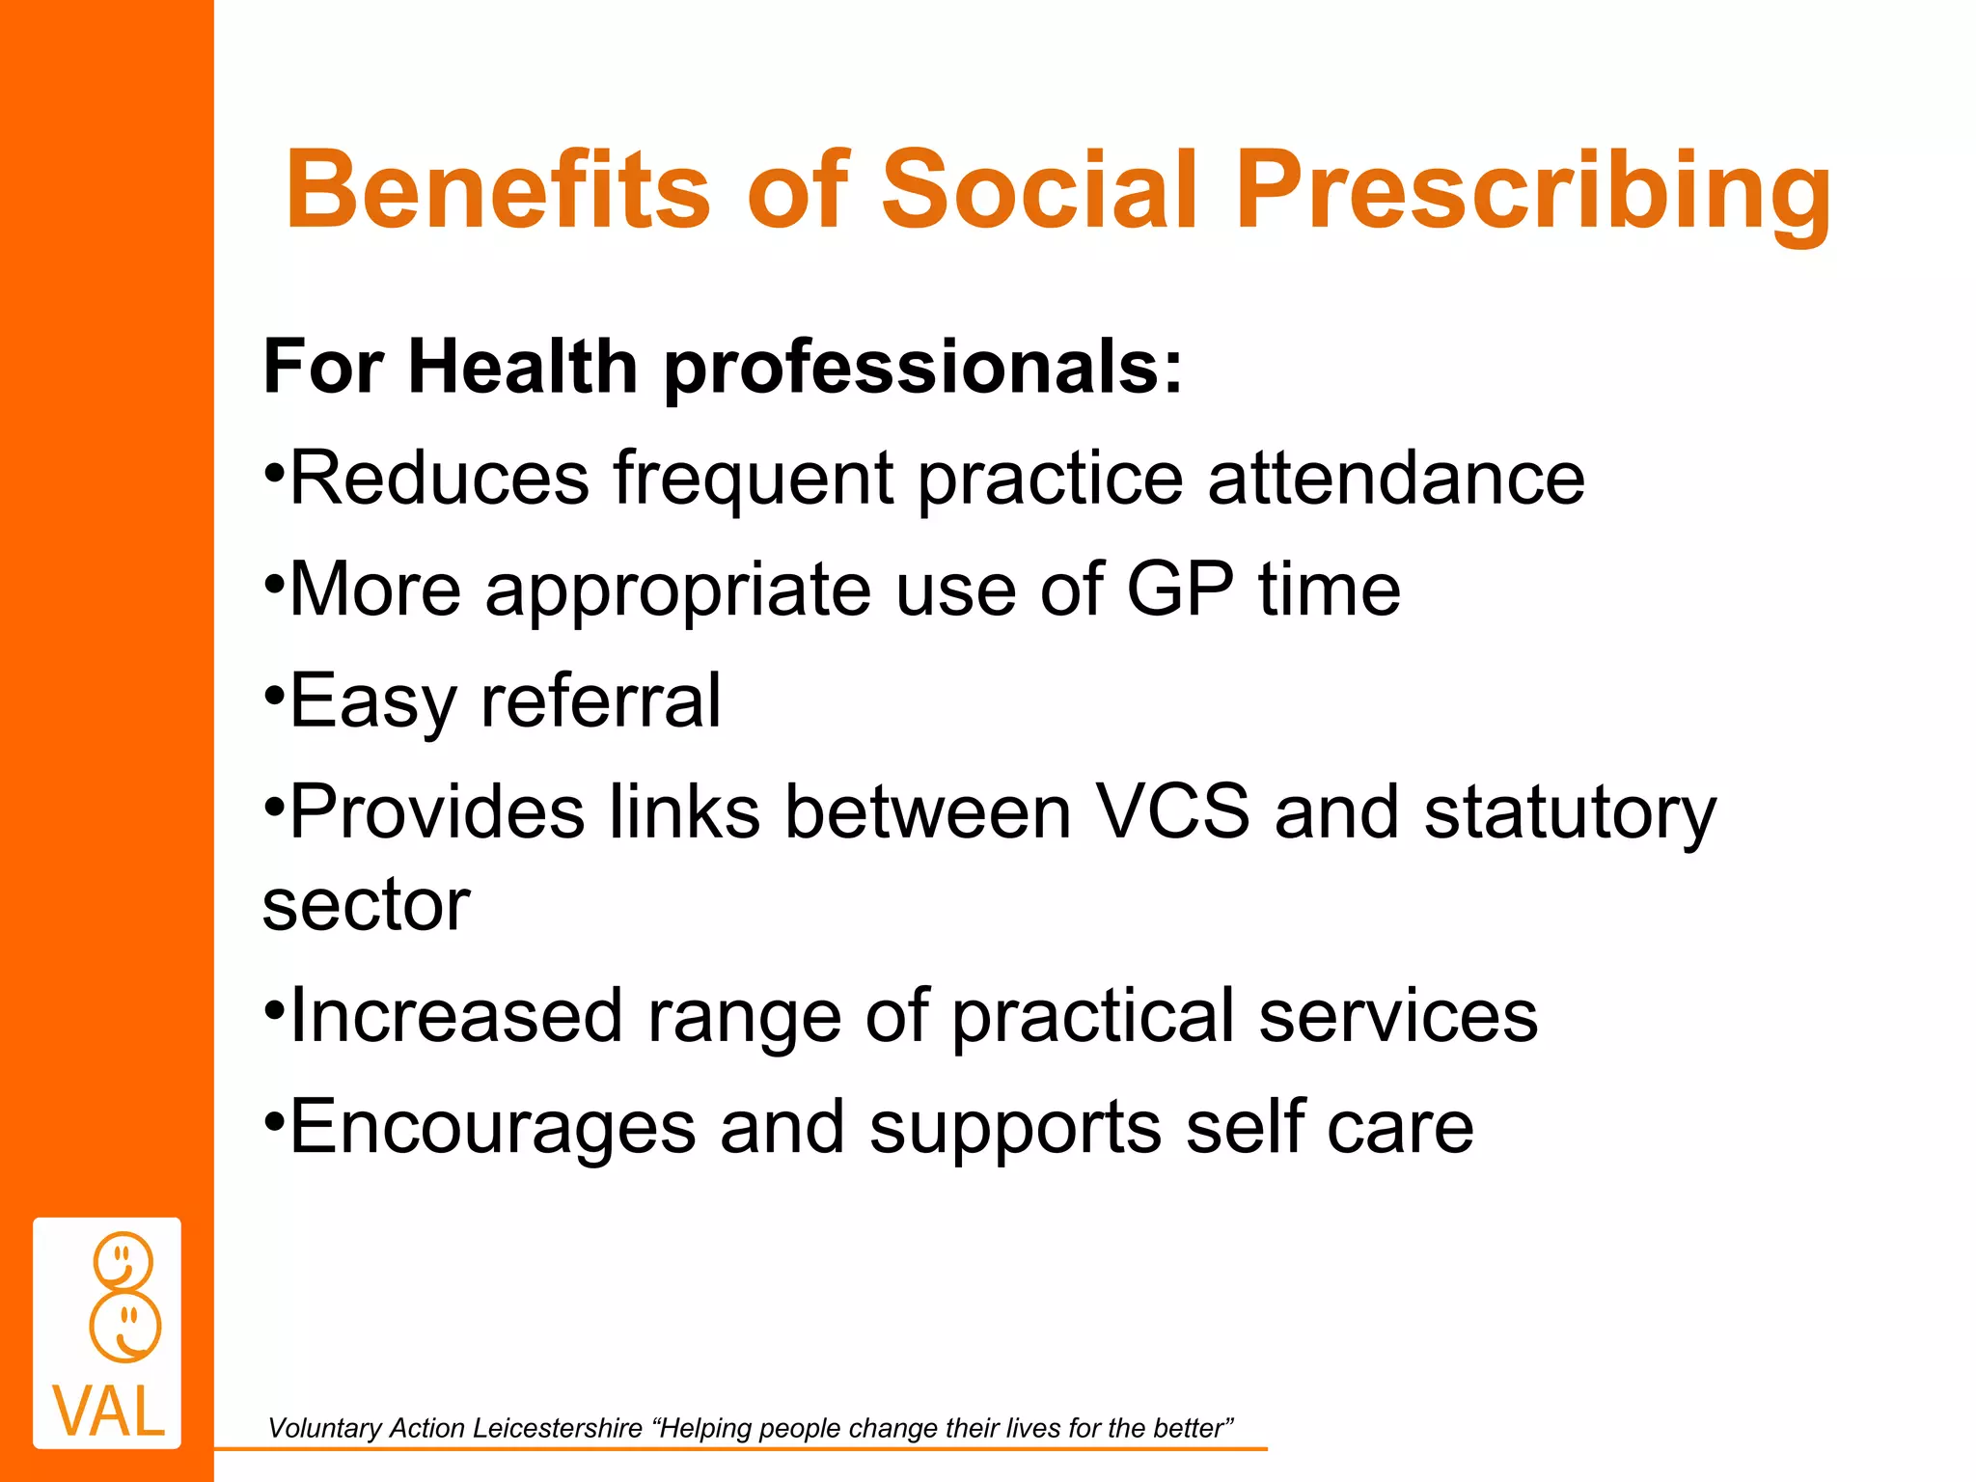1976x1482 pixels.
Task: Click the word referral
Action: tap(600, 700)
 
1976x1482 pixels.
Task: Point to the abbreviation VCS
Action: tap(1172, 811)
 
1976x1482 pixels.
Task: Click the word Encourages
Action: tap(492, 1127)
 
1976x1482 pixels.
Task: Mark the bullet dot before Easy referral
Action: tap(274, 694)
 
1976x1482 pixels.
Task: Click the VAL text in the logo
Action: tap(108, 1412)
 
